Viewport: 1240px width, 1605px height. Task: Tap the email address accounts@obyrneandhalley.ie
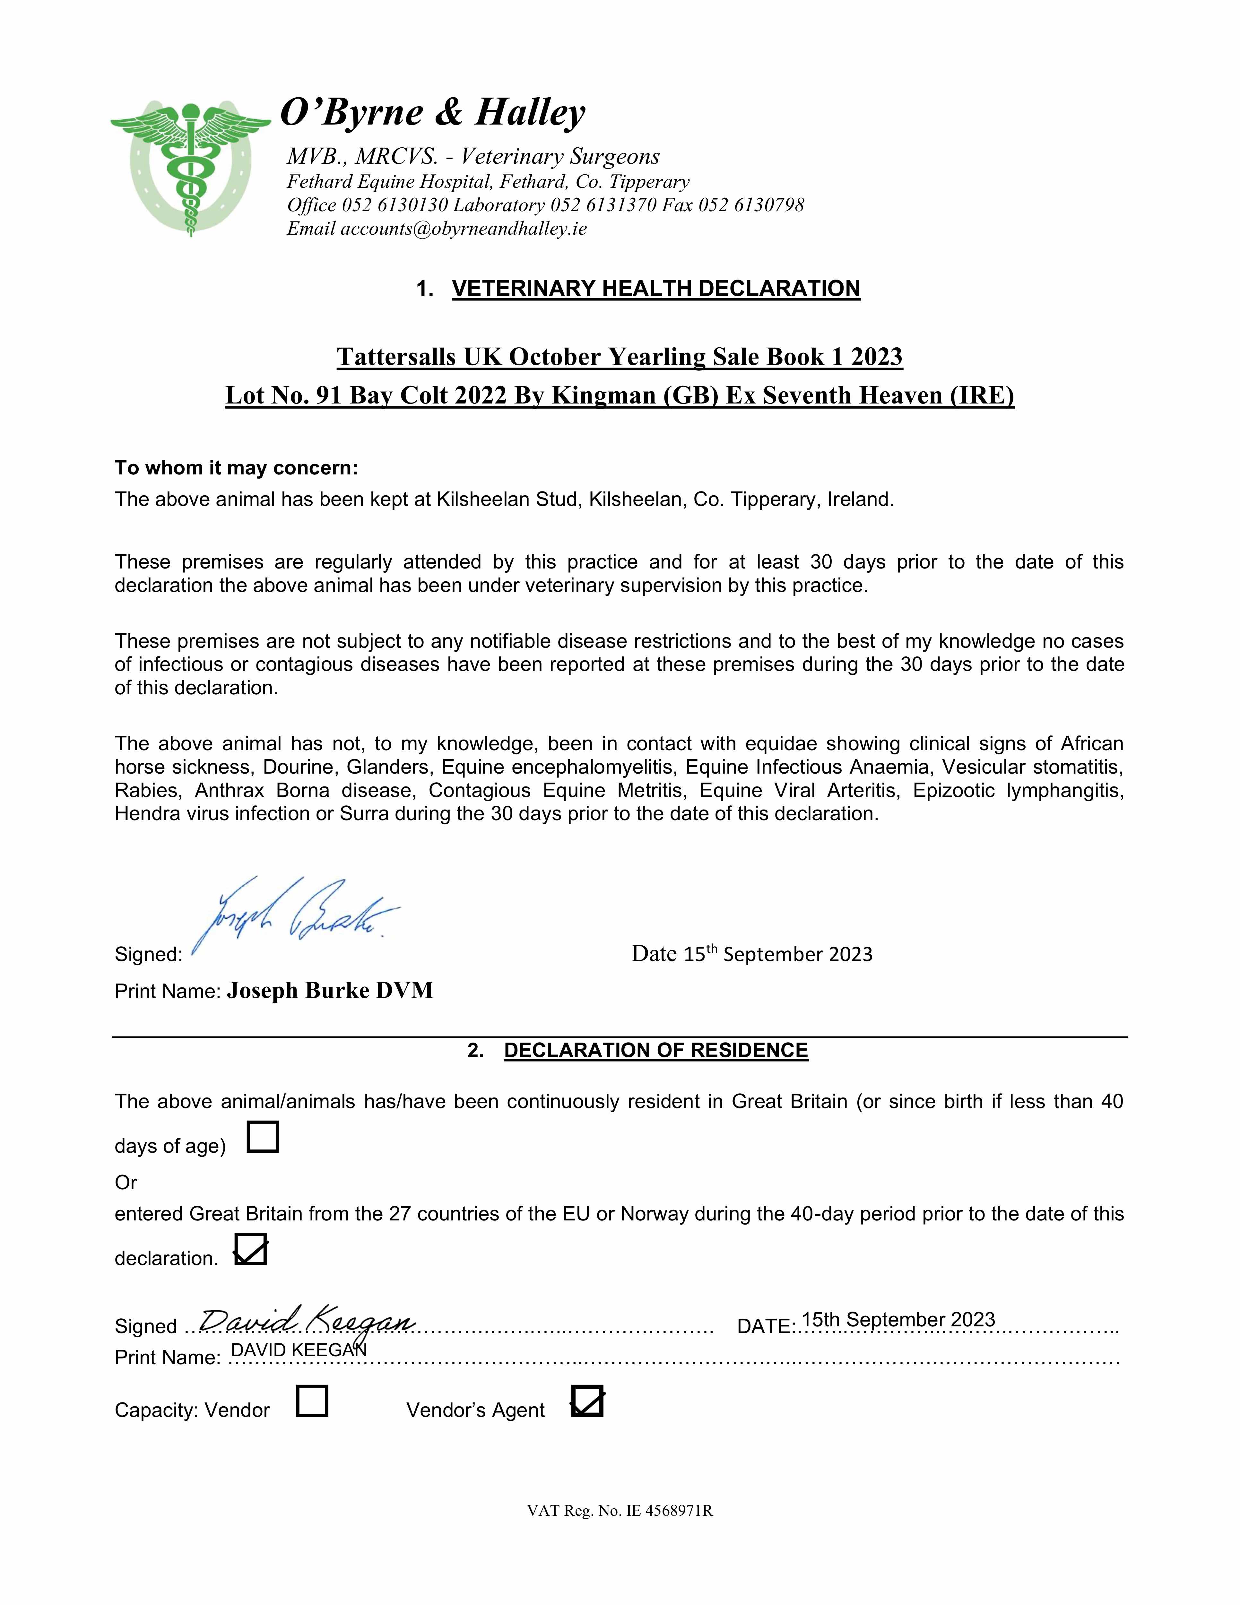[463, 229]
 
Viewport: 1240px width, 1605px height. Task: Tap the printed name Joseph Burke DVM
[330, 991]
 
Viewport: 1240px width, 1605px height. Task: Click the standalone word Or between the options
[126, 1183]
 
